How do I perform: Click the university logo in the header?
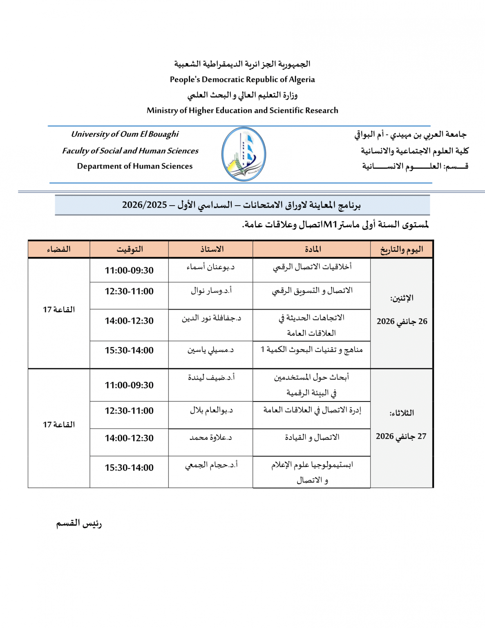[244, 154]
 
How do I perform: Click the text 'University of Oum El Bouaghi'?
[125, 134]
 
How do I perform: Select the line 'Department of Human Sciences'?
[134, 166]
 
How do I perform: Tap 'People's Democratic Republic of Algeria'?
[242, 79]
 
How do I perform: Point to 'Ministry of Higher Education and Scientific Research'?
[242, 110]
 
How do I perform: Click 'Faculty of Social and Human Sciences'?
[130, 151]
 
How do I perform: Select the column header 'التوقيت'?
[129, 249]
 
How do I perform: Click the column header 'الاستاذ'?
[211, 249]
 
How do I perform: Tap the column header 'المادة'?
[312, 249]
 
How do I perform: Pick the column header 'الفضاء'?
[59, 249]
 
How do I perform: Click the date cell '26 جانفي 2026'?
[402, 321]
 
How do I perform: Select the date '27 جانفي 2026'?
[401, 436]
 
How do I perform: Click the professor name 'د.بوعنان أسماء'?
[210, 267]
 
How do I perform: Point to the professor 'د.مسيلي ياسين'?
[210, 350]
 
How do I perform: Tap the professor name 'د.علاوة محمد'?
[210, 437]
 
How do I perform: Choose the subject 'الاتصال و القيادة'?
[312, 437]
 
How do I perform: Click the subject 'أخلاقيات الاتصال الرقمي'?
[312, 267]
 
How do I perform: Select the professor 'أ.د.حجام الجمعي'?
[211, 465]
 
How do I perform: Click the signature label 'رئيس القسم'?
[79, 523]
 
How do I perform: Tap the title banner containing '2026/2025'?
[242, 205]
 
